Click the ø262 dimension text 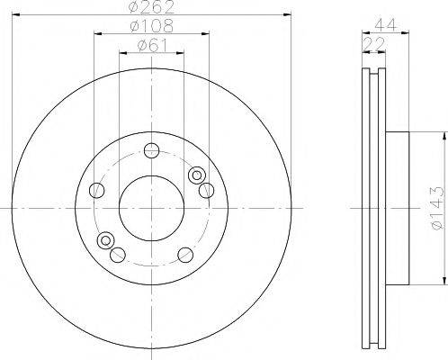click(151, 8)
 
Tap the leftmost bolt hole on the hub click(97, 189)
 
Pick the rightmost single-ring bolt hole click(206, 189)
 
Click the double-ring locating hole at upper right click(196, 175)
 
